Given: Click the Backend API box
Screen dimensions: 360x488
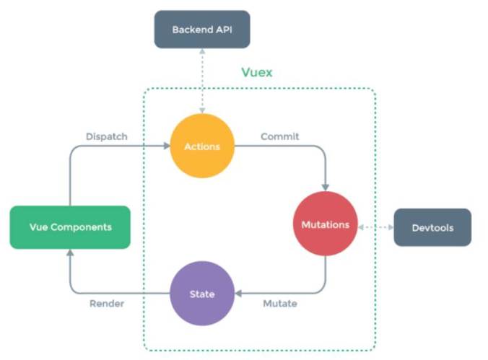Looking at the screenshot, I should click(201, 30).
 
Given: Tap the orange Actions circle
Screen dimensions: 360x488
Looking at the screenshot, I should click(202, 146).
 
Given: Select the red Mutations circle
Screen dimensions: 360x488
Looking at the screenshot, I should click(325, 224).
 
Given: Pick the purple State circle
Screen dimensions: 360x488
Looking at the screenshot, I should click(202, 294).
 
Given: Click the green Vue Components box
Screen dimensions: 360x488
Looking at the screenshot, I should click(70, 227).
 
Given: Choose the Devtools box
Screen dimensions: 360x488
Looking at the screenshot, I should click(432, 228).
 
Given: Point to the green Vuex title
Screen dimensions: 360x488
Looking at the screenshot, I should click(256, 73).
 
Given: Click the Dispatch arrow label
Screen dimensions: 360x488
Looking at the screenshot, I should click(108, 136).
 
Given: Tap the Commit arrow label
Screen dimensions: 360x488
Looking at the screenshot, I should click(279, 136).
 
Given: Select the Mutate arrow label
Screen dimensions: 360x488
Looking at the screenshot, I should click(279, 304).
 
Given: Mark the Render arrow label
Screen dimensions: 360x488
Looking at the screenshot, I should click(107, 304).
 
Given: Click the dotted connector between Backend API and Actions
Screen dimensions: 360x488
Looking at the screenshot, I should click(202, 79).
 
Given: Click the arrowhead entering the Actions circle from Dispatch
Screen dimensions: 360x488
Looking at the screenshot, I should click(165, 146).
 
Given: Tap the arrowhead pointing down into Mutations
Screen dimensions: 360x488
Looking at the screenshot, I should click(325, 187).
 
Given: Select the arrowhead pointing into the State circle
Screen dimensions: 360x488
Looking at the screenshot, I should click(240, 294).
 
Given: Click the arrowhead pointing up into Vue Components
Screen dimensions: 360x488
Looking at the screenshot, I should click(70, 253).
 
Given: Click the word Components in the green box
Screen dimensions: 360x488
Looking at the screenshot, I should click(85, 227).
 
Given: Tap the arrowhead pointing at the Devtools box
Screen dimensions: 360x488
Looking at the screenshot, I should click(390, 227).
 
